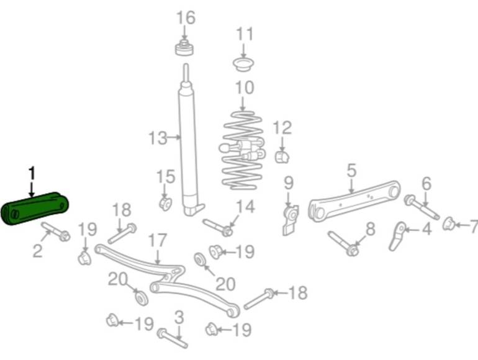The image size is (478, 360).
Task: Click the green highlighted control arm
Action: tap(35, 208)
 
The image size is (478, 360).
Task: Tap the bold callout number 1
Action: tap(32, 173)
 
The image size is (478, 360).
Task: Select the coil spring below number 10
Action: tap(243, 150)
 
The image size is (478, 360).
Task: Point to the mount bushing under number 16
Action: tap(184, 48)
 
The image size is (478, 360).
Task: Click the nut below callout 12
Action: tap(282, 156)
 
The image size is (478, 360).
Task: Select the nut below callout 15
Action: tap(166, 204)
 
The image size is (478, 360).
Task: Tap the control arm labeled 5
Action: tap(354, 202)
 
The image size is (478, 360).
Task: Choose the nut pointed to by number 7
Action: tap(449, 223)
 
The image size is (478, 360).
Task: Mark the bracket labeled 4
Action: tap(397, 236)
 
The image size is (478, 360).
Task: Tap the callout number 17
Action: tap(158, 241)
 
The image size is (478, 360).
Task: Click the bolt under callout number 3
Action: tap(173, 338)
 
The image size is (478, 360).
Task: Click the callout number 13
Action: tap(158, 138)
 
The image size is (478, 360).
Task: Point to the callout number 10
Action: tap(245, 88)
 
